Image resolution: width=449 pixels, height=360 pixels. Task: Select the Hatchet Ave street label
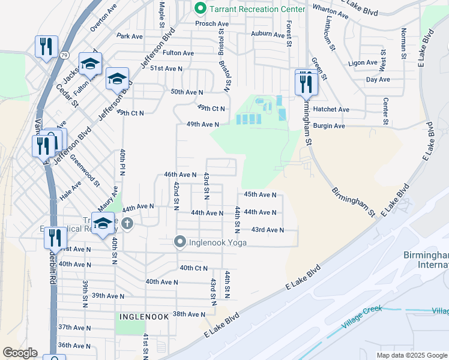tap(336, 110)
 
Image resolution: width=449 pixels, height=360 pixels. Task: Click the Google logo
tap(20, 353)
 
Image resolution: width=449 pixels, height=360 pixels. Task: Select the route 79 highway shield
tap(47, 56)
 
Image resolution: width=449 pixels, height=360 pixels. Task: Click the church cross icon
tap(127, 224)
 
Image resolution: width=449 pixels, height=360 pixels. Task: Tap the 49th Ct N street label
tap(210, 109)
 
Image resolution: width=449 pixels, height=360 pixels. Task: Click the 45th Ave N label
tap(260, 194)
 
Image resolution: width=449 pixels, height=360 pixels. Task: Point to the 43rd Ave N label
tap(267, 230)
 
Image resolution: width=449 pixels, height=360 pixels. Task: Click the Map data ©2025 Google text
tap(411, 355)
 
